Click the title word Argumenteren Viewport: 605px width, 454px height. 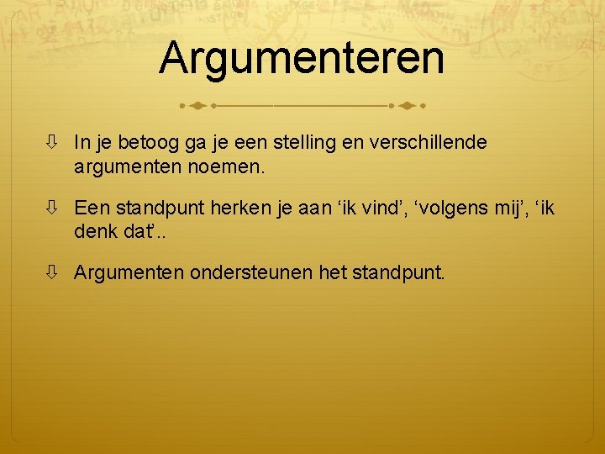click(302, 57)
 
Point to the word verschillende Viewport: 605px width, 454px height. click(431, 143)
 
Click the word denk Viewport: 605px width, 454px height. click(93, 230)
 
